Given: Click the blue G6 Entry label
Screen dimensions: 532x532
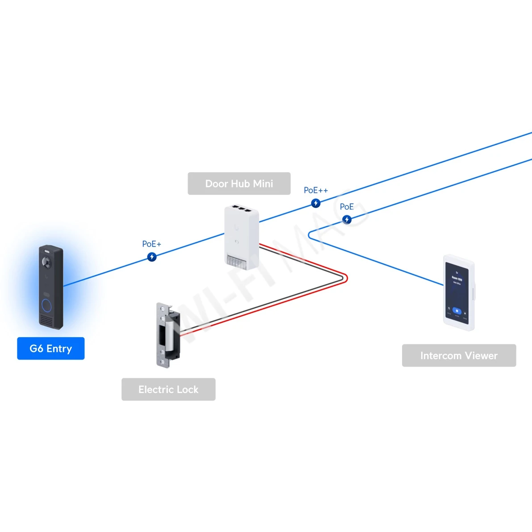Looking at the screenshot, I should [50, 348].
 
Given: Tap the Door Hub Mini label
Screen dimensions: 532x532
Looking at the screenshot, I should [239, 184].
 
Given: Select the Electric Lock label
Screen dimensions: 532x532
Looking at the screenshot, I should [168, 390].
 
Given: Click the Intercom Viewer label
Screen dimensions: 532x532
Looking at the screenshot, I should [459, 356].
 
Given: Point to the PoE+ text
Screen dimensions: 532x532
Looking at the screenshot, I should [151, 244].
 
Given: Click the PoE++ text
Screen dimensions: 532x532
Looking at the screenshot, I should [316, 190].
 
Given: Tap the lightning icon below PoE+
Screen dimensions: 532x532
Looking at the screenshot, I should [152, 257].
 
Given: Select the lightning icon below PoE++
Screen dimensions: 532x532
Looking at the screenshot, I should [316, 203].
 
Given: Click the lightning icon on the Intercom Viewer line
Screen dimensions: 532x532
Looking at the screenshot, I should [347, 219].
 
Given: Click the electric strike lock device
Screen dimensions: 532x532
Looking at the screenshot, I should [168, 335].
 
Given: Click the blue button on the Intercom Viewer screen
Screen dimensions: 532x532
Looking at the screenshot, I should [457, 310].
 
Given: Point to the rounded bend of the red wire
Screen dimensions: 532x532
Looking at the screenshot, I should [346, 278].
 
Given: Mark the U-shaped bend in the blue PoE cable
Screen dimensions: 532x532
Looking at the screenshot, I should [309, 235].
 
